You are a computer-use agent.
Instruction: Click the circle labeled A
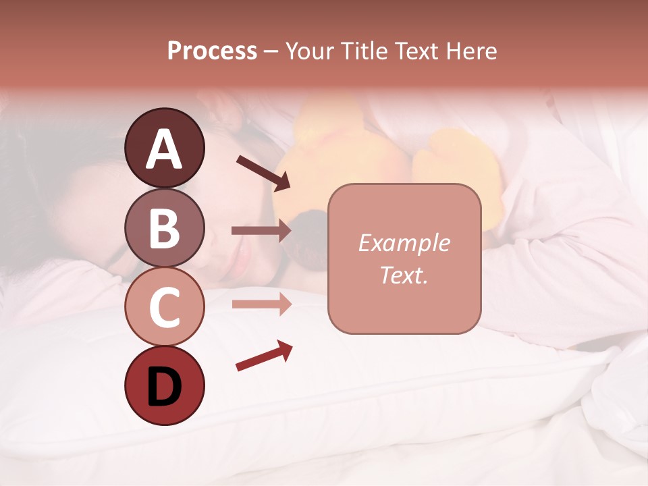pos(164,148)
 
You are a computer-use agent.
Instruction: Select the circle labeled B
pos(164,227)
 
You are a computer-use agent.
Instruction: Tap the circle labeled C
pos(164,306)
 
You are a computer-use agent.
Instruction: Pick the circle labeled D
pos(164,385)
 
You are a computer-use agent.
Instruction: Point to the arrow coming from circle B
pos(261,231)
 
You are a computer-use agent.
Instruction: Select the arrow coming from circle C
pos(261,304)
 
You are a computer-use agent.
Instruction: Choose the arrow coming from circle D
pos(264,356)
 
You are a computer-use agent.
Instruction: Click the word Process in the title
pos(212,51)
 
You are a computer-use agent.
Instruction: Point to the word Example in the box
pos(404,243)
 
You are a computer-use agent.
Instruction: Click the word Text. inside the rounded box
pos(404,275)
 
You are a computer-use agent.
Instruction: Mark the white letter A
pos(164,149)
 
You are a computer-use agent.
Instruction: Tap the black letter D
pos(164,387)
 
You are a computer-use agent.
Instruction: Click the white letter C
pos(164,308)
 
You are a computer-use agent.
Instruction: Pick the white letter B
pos(164,228)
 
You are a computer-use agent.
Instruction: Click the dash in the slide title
pos(271,52)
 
